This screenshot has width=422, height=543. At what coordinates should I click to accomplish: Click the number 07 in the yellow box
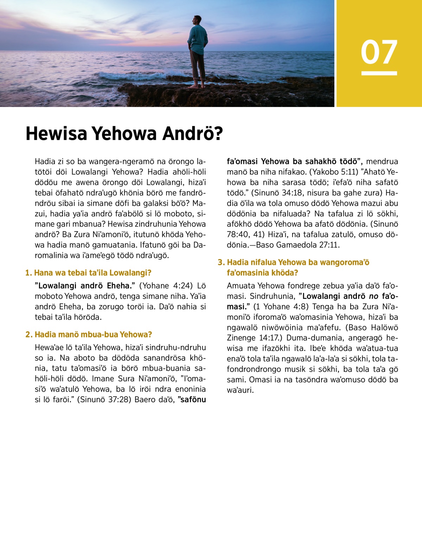click(379, 52)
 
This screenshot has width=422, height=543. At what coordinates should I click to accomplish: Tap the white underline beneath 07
click(379, 73)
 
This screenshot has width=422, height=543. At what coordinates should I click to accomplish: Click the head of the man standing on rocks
click(198, 20)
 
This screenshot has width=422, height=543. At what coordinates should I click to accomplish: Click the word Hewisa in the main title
click(57, 134)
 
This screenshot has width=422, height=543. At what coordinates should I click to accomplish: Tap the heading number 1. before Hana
click(29, 273)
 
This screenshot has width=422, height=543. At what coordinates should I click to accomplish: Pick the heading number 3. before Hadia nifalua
click(221, 262)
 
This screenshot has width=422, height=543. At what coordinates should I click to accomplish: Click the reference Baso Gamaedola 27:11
click(295, 245)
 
